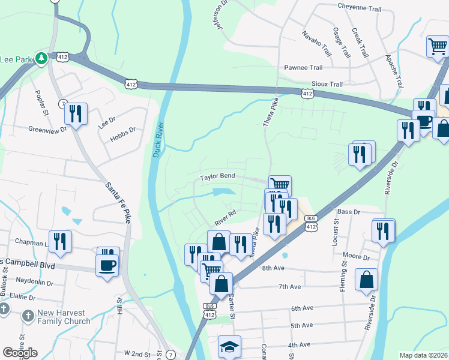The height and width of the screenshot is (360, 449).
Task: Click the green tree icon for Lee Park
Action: (x=41, y=58)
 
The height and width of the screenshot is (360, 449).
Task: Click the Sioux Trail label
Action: (x=327, y=85)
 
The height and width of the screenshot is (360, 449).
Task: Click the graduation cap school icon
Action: (x=229, y=347)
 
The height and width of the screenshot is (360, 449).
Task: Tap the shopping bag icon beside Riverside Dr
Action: (x=366, y=280)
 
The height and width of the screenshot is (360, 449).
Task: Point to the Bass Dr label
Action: (x=348, y=212)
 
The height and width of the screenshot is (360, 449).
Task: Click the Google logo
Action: (x=20, y=353)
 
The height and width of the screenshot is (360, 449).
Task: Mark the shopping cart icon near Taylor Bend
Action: (x=280, y=185)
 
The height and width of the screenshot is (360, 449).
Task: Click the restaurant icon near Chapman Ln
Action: (x=60, y=241)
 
